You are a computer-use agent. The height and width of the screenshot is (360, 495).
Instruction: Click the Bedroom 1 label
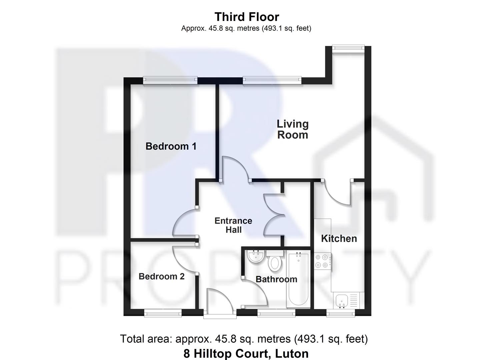click(171, 146)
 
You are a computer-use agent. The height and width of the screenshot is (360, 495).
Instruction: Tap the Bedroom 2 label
click(161, 276)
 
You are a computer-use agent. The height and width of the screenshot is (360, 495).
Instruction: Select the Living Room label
click(293, 129)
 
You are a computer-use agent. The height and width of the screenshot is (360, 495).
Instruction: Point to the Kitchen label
click(339, 238)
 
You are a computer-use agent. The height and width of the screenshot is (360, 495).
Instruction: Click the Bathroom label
click(276, 279)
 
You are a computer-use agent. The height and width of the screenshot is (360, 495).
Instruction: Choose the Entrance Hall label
click(233, 225)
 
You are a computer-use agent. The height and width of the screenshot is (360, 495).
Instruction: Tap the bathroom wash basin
click(256, 256)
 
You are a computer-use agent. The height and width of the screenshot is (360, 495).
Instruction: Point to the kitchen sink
click(342, 300)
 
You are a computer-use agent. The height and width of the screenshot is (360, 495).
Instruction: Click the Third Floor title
click(247, 17)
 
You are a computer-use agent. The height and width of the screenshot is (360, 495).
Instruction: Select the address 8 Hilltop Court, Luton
click(246, 353)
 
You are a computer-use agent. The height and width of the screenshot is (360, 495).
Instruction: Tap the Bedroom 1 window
click(170, 80)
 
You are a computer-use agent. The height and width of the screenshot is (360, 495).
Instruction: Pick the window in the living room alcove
click(348, 48)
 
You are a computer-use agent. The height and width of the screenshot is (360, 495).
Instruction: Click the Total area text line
click(244, 339)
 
